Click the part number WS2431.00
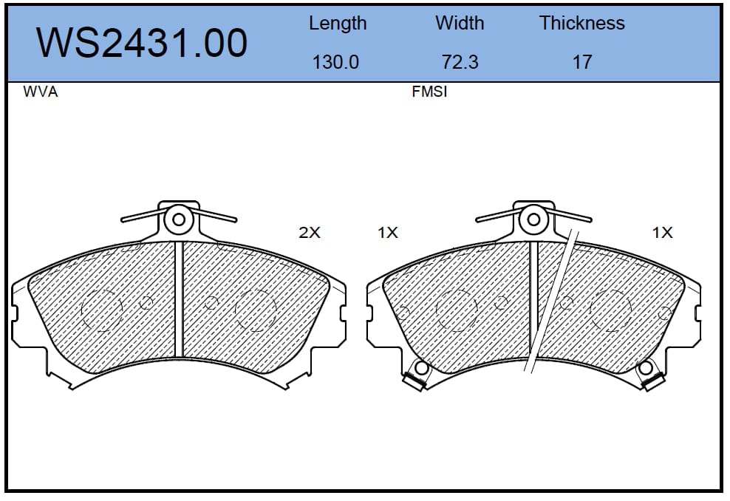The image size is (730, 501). [142, 43]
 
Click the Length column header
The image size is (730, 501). [338, 24]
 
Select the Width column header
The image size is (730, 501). [460, 23]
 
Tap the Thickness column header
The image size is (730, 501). [582, 23]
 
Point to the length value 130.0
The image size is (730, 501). [335, 62]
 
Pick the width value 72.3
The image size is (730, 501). [460, 62]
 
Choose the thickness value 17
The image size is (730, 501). [582, 62]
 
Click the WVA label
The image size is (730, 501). [41, 92]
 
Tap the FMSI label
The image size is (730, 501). [429, 92]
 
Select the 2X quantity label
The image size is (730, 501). [310, 232]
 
